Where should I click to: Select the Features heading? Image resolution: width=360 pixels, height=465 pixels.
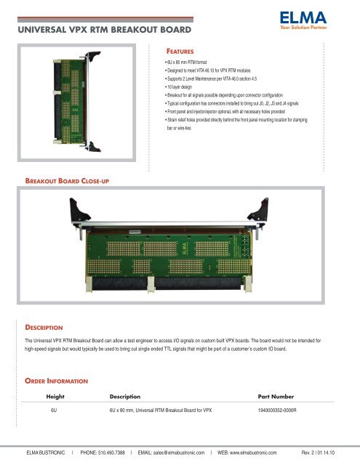point(186,52)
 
